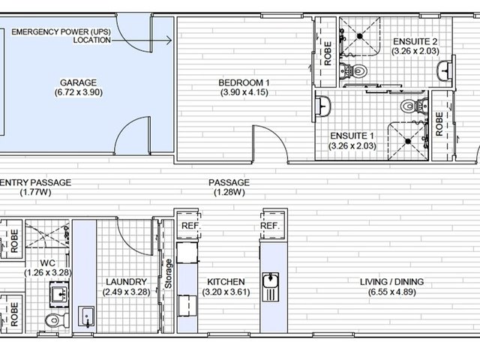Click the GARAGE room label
tap(78, 82)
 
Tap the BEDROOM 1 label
tap(244, 82)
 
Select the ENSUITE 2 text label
tap(415, 41)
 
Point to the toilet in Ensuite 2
tap(353, 71)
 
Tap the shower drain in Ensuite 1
tap(408, 141)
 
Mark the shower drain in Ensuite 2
tap(360, 36)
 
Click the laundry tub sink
tap(86, 316)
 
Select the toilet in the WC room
tap(57, 320)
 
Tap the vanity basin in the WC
tap(59, 295)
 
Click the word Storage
tap(168, 274)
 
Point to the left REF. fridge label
tap(191, 226)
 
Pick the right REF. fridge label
tap(270, 226)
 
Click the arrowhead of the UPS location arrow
tap(169, 40)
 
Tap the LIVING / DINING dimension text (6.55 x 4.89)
tap(391, 292)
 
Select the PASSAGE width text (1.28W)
tap(229, 192)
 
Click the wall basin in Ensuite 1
tap(322, 106)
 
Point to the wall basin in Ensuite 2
tap(444, 71)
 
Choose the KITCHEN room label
tap(226, 282)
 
